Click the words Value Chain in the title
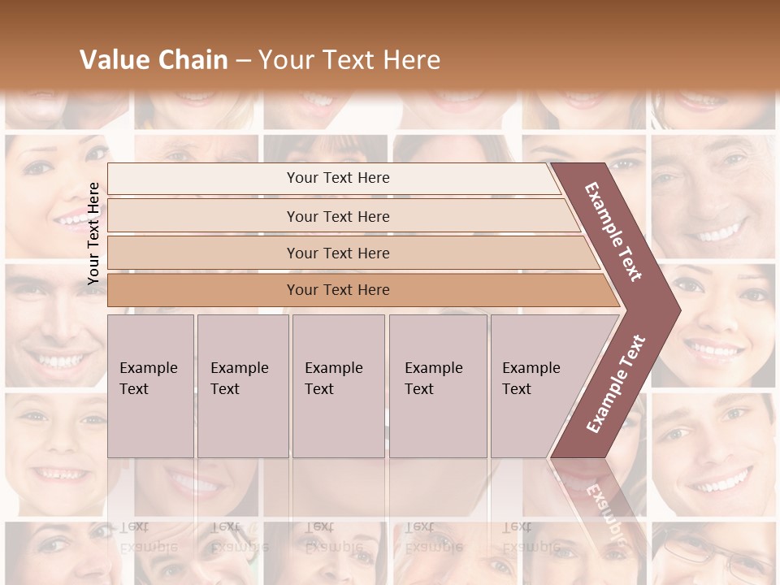pos(154,60)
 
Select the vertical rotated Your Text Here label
pos(93,233)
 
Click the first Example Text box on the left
pos(150,385)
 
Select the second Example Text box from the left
pos(242,385)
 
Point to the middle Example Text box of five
pos(338,385)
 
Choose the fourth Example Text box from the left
pos(438,385)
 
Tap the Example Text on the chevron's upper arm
pos(613,232)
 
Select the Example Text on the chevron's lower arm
pos(616,383)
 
